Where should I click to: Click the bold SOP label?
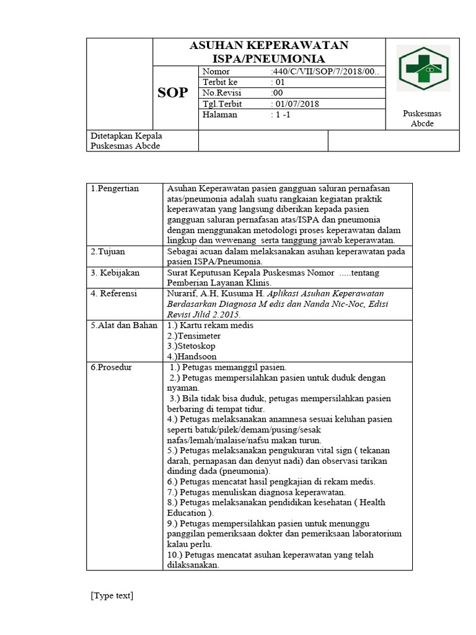point(172,93)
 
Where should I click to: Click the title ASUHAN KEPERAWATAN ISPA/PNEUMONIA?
point(268,52)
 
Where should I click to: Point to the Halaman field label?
point(220,115)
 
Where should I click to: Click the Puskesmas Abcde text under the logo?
point(422,118)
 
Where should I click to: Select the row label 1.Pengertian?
point(115,189)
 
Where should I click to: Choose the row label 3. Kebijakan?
point(115,273)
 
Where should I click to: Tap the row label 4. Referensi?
point(114,294)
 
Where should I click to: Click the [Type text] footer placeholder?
point(112,596)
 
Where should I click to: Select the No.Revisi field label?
point(221,93)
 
